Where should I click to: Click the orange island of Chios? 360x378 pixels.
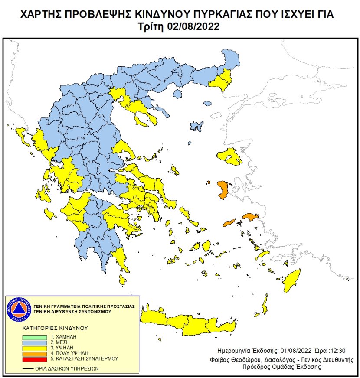tap(224, 190)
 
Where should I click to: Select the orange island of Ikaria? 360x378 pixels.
tap(228, 223)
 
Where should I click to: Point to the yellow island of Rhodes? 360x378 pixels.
tap(292, 280)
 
